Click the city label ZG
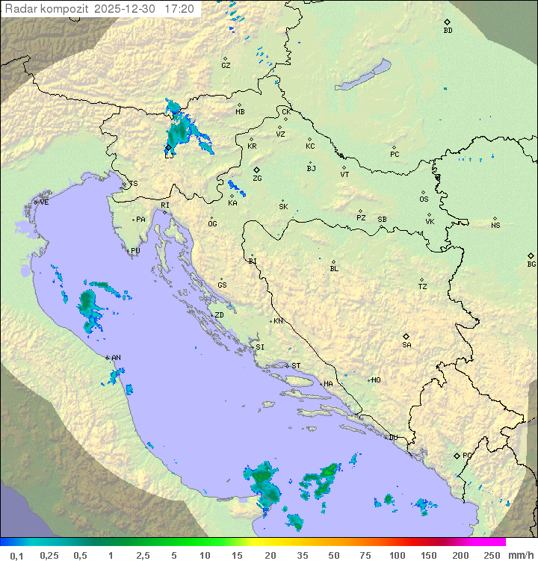[257, 179]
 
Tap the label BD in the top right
[448, 31]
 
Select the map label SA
[406, 344]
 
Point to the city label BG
[531, 264]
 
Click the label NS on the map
[495, 226]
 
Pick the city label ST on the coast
[296, 366]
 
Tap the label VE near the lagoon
[44, 202]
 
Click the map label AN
[116, 358]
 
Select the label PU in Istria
[135, 251]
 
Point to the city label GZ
[226, 66]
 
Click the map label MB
[240, 112]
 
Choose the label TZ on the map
[423, 286]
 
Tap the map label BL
[334, 268]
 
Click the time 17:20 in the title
[179, 9]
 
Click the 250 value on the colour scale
[492, 555]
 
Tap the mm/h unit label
[520, 555]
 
